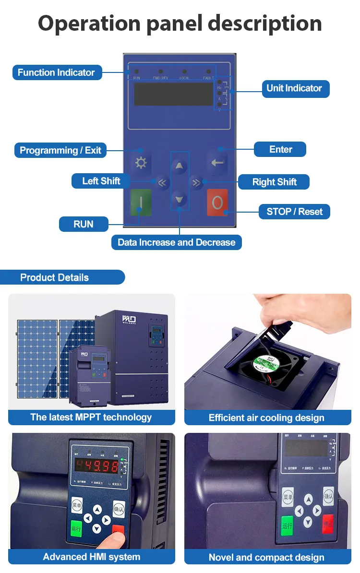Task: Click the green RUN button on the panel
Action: coord(141,203)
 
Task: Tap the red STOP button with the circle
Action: coord(217,203)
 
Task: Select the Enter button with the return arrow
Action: coord(217,163)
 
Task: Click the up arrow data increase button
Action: coord(180,167)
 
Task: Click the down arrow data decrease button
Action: coord(180,199)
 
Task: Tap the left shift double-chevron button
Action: coord(162,182)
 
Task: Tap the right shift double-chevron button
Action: coord(196,182)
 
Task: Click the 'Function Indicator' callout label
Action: coord(57,72)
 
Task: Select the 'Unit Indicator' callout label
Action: coord(294,88)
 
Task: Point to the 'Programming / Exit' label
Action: coord(60,150)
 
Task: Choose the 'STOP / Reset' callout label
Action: coord(294,212)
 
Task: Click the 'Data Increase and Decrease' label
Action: coord(176,242)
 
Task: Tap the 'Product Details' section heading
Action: coord(55,277)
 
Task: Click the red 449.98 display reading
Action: coord(97,466)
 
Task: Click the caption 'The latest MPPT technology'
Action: coord(91,417)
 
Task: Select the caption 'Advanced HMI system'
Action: coord(91,557)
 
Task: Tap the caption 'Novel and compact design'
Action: coord(267,557)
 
